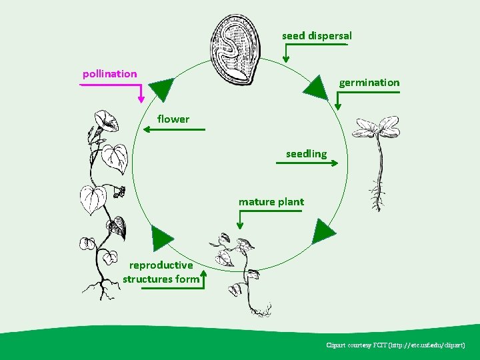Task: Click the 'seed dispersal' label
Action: pos(317,35)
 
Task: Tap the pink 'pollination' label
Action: pos(109,73)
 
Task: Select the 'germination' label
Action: pos(369,83)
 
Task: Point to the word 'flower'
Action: pos(173,119)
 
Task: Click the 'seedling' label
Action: pos(306,154)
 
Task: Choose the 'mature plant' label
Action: pos(271,201)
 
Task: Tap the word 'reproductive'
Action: pos(161,265)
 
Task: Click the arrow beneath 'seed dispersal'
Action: pos(313,47)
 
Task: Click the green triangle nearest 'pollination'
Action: pos(162,89)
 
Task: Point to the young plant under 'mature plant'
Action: pos(243,270)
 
